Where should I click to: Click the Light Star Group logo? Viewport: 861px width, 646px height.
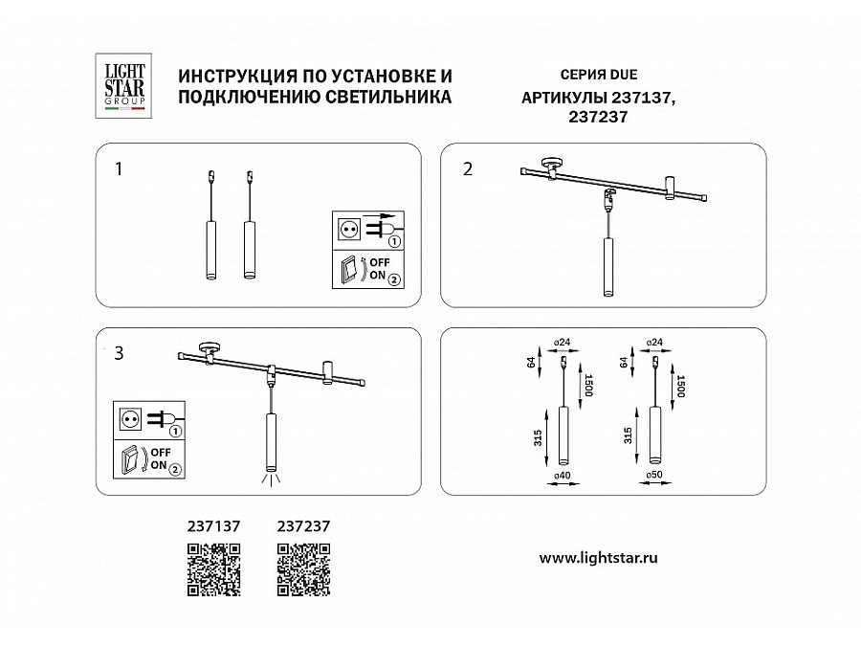pos(123,86)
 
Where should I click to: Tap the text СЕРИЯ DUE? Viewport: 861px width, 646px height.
pos(599,75)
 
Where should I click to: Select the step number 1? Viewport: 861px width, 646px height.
pos(119,169)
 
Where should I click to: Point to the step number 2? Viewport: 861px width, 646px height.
pos(467,169)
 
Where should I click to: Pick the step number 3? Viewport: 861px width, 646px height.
pos(119,353)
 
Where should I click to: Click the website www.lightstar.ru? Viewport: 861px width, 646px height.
pos(599,558)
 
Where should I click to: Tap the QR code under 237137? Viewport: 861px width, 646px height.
pos(213,569)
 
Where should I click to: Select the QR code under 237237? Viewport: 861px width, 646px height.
pos(303,569)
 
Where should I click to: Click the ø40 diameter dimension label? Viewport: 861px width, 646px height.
pos(563,476)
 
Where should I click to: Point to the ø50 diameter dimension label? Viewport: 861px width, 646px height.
pos(654,475)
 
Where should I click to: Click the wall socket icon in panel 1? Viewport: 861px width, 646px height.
pos(348,228)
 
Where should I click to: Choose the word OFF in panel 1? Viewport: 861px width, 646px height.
pos(380,262)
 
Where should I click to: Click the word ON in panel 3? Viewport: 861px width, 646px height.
pos(158,465)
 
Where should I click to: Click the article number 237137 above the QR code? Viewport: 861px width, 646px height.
pos(213,526)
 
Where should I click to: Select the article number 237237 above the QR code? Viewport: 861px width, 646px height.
pos(303,526)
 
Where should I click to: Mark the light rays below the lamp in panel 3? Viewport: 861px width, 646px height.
pos(270,479)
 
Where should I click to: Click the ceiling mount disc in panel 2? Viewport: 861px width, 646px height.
pos(551,163)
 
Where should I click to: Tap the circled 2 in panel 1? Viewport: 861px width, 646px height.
pos(394,279)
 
